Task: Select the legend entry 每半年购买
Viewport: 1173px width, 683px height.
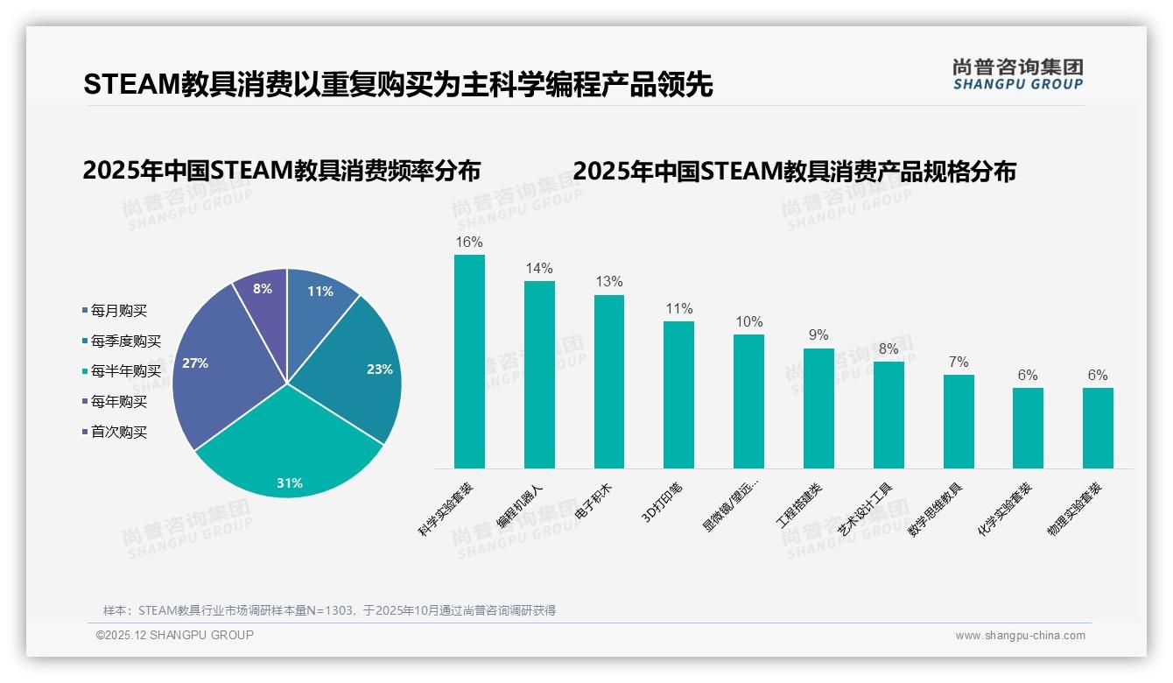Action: pyautogui.click(x=125, y=371)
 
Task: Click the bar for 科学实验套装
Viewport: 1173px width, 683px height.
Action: pyautogui.click(x=469, y=362)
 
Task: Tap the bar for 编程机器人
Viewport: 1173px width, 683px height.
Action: pyautogui.click(x=539, y=375)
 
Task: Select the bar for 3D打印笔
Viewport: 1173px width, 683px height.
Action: pyautogui.click(x=678, y=395)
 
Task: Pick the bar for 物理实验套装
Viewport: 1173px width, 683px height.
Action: pyautogui.click(x=1098, y=428)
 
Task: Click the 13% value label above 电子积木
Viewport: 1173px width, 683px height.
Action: pyautogui.click(x=608, y=282)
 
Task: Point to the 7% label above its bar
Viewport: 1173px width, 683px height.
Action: pyautogui.click(x=959, y=362)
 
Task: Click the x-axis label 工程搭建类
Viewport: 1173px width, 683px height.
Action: pyautogui.click(x=799, y=506)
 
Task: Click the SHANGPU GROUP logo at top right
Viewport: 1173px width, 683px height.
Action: pyautogui.click(x=1017, y=74)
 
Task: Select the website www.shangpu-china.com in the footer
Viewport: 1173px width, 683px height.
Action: pyautogui.click(x=1020, y=636)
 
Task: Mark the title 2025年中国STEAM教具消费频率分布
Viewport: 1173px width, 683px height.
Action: pyautogui.click(x=282, y=171)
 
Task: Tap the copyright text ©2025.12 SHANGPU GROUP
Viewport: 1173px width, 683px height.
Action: pyautogui.click(x=175, y=636)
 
